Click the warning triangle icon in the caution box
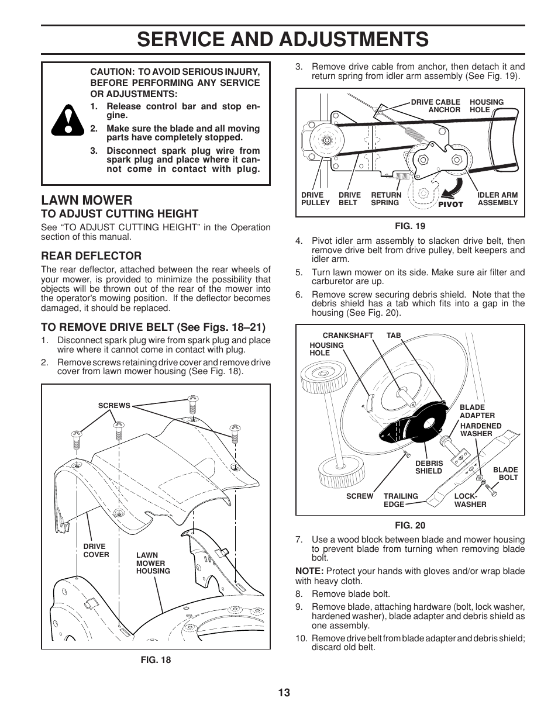65,123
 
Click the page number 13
284,693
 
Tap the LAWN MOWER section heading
87,199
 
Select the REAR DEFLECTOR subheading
91,255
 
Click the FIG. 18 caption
156,659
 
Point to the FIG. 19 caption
409,226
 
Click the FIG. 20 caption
409,525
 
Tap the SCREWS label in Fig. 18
114,405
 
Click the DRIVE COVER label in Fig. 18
96,551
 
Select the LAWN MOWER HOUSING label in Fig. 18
153,563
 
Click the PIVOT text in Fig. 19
450,204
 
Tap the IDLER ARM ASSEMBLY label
497,199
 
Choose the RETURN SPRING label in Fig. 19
386,199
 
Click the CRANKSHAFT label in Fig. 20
347,336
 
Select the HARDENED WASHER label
480,430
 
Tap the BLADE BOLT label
505,474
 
